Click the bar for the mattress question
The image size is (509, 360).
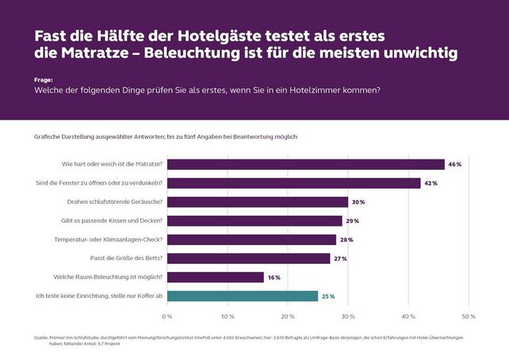[x=305, y=164]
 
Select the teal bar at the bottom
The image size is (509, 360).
[x=242, y=296]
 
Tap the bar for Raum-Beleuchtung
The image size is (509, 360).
[x=215, y=277]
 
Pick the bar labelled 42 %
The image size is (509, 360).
[x=293, y=183]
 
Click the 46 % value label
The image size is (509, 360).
[x=455, y=164]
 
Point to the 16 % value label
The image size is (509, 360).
[x=274, y=278]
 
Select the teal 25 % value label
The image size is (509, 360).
[x=327, y=296]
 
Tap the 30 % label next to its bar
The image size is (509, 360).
[x=358, y=202]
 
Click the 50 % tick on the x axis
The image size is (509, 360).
[x=469, y=316]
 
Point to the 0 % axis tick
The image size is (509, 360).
[x=167, y=316]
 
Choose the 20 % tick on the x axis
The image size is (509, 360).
[x=288, y=316]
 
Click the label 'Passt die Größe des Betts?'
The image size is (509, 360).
[x=127, y=259]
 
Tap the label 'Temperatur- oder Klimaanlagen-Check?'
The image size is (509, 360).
[x=109, y=239]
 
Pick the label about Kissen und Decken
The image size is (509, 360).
[x=116, y=220]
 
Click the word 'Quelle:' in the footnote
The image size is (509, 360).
[x=42, y=337]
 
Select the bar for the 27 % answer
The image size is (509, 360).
[x=248, y=259]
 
